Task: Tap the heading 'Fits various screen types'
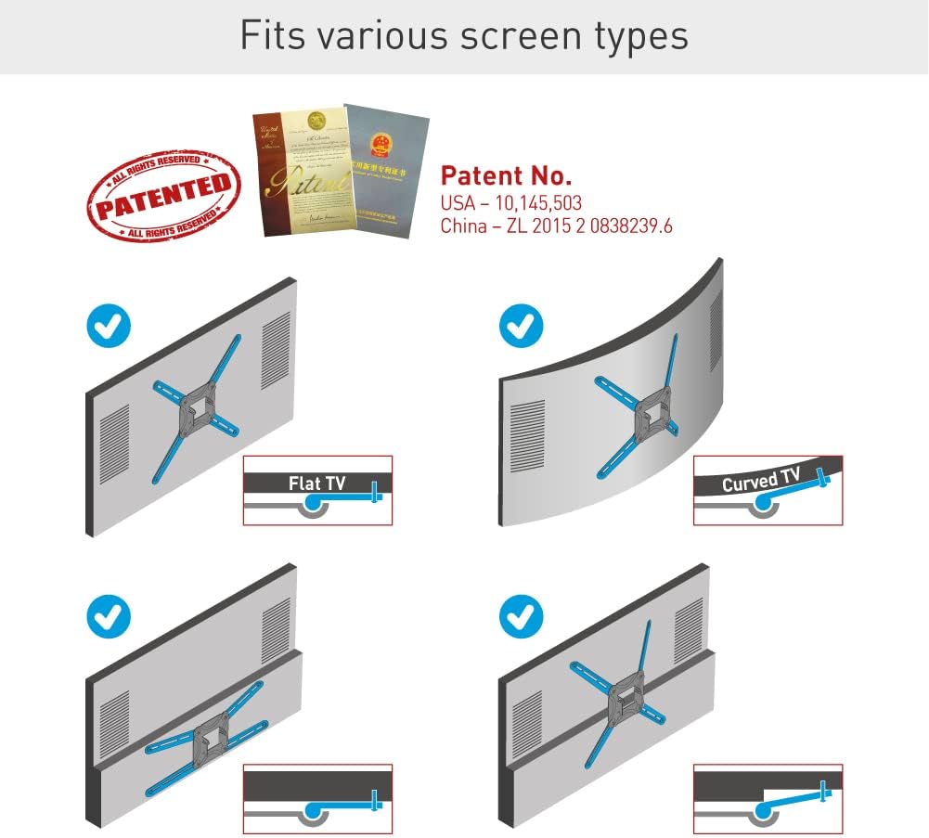click(x=464, y=35)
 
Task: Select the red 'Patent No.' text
click(x=506, y=175)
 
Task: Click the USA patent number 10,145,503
click(x=511, y=201)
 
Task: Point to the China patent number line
click(x=556, y=226)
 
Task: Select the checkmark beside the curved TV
click(x=522, y=327)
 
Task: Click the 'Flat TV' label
click(x=316, y=483)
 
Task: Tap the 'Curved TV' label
click(x=760, y=481)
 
